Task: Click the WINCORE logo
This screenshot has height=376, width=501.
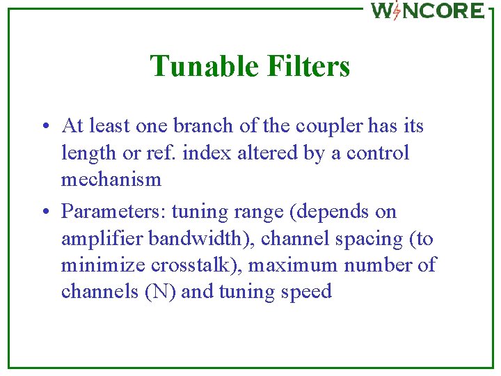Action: [427, 10]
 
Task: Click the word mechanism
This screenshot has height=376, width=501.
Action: [111, 180]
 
